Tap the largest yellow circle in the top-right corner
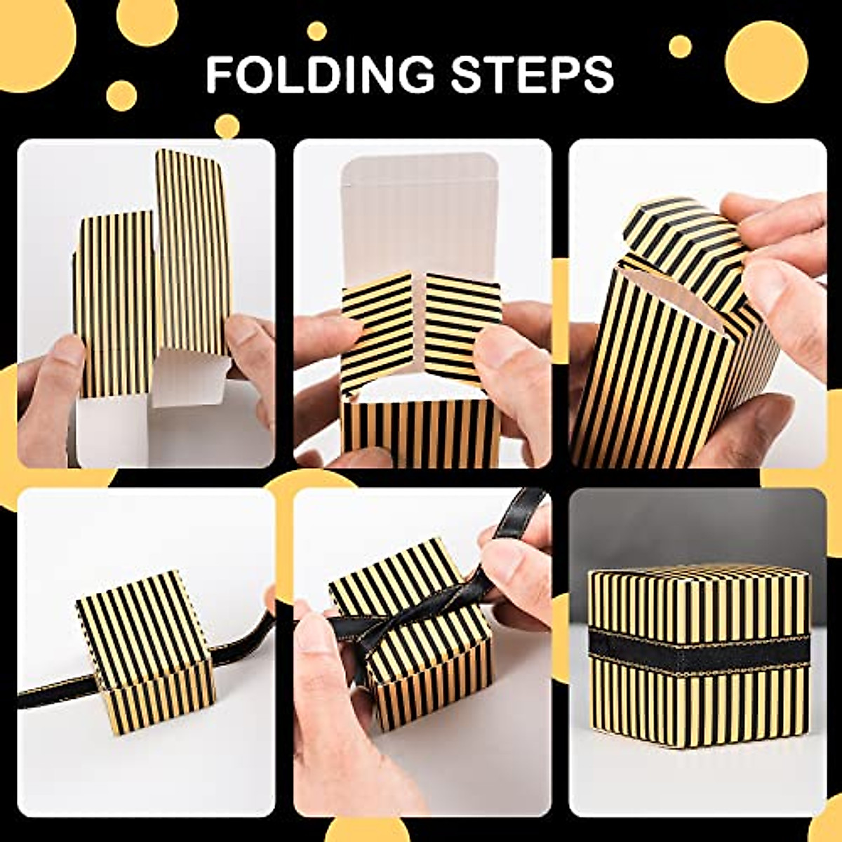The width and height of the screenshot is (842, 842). coord(766,62)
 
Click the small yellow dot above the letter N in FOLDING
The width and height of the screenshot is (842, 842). coord(316,31)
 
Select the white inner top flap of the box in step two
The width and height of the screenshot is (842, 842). coord(421,210)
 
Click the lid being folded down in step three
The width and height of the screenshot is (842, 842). coord(684,235)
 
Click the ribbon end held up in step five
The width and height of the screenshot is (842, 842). coord(523,512)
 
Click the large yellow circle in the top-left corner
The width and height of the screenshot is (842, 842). coord(28,42)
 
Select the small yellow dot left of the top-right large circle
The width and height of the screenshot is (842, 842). coord(679,46)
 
